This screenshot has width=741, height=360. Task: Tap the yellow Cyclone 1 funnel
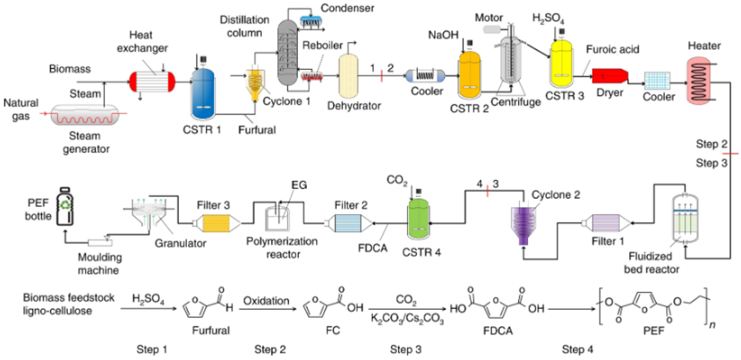pos(255,86)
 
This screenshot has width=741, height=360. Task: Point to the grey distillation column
pos(287,52)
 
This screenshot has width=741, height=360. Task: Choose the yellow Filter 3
pos(215,222)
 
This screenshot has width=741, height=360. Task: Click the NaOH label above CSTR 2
pos(443,35)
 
